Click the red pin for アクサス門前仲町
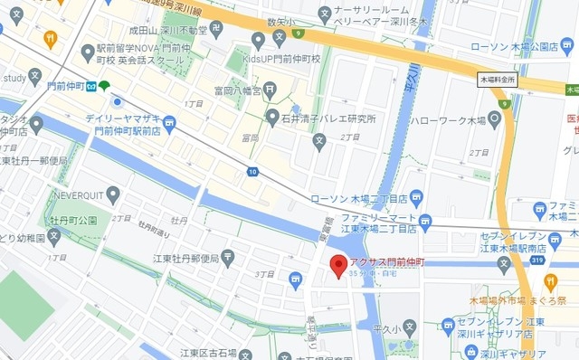(x=337, y=266)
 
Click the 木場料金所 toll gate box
(x=497, y=81)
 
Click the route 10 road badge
(x=252, y=171)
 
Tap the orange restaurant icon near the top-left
(x=51, y=39)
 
